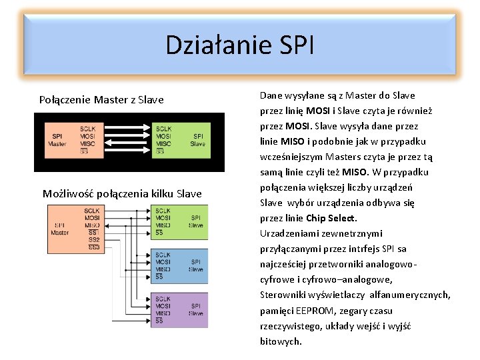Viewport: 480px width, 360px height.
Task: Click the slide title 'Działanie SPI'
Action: [239, 45]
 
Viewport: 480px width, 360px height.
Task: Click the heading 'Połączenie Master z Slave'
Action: [101, 100]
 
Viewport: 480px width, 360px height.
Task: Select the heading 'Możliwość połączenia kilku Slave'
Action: [122, 194]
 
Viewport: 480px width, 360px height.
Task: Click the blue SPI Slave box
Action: [181, 265]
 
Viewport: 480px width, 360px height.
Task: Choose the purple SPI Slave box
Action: [181, 309]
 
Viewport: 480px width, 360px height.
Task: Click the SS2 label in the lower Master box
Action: [94, 240]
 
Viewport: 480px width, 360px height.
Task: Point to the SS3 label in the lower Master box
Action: [94, 247]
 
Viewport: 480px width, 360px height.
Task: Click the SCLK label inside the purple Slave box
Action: [163, 299]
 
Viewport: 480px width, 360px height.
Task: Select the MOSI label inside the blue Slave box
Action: [163, 262]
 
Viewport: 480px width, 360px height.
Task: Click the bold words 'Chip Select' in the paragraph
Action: [331, 218]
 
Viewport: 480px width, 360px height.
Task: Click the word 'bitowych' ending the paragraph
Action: [281, 341]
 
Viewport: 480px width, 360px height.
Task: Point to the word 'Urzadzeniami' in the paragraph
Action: [288, 233]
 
